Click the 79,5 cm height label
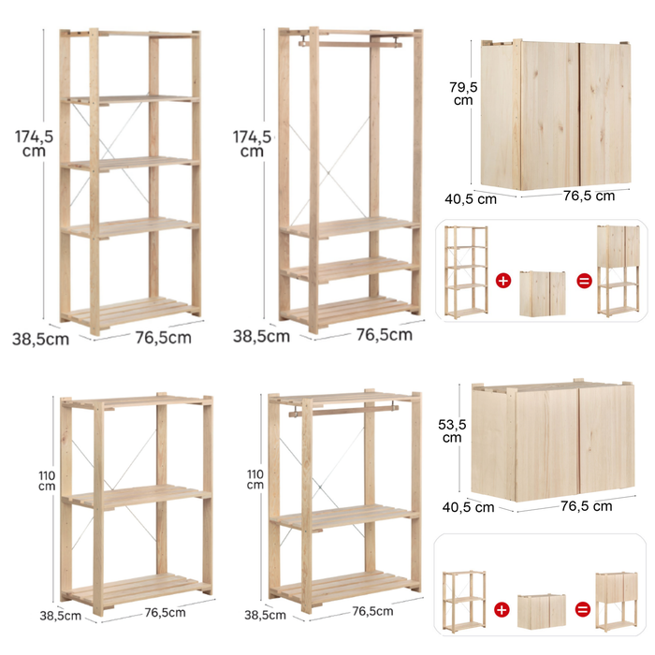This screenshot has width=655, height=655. pyautogui.click(x=463, y=94)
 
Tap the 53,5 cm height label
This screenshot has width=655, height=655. pyautogui.click(x=452, y=430)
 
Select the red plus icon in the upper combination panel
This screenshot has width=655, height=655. pyautogui.click(x=503, y=281)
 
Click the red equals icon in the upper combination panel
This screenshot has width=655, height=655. pyautogui.click(x=584, y=281)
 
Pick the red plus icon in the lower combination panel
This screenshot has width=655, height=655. pyautogui.click(x=502, y=609)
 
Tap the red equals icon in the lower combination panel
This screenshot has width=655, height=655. pyautogui.click(x=583, y=609)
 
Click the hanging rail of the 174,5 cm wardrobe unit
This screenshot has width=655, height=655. pyautogui.click(x=350, y=43)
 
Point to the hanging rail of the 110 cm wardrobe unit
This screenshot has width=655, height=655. pyautogui.click(x=343, y=411)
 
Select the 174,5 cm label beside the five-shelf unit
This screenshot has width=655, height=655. pyautogui.click(x=35, y=143)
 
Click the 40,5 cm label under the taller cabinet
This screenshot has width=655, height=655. pyautogui.click(x=471, y=199)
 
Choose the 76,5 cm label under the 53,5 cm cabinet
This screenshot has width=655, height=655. pyautogui.click(x=586, y=506)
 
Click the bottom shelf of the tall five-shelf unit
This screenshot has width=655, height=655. pyautogui.click(x=131, y=312)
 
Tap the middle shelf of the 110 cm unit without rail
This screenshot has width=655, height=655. pyautogui.click(x=137, y=495)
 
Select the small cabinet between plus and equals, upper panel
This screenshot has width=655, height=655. pyautogui.click(x=543, y=293)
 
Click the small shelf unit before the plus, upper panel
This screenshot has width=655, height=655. pyautogui.click(x=466, y=271)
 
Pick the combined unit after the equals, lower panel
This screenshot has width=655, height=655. pyautogui.click(x=617, y=601)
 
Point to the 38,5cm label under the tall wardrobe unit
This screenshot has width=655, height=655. pyautogui.click(x=261, y=336)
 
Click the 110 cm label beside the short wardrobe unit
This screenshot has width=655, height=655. pyautogui.click(x=255, y=479)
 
